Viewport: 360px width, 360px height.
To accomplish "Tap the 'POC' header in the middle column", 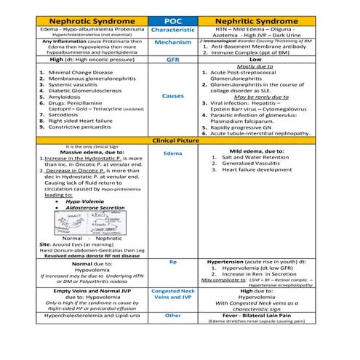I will (173, 20).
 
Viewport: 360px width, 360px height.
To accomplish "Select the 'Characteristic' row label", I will (173, 31).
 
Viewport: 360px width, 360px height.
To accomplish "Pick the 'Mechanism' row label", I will (173, 43).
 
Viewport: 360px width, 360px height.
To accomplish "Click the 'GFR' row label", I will (173, 59).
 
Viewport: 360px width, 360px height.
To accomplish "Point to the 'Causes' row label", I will (173, 96).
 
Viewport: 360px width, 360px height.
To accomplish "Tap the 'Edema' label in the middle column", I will (173, 153).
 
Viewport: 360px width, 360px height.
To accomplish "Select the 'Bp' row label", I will (173, 261).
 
